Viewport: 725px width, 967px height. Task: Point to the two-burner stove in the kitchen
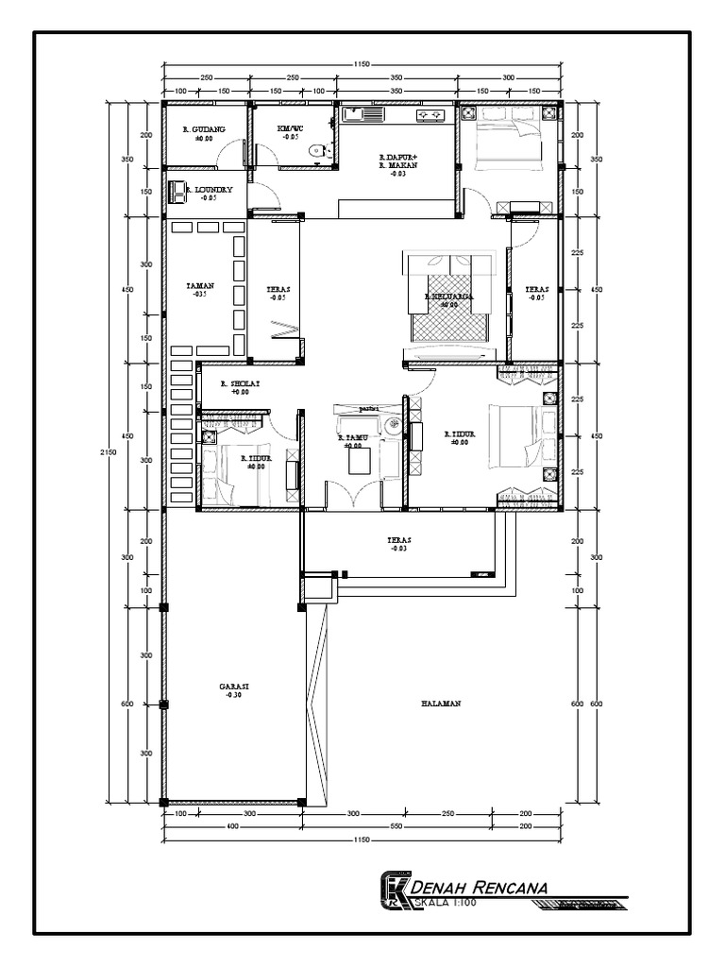tap(431, 115)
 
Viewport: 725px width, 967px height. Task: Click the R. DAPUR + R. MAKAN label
tap(397, 161)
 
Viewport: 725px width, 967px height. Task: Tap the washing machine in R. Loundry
tap(177, 191)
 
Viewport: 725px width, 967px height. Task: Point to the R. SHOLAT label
tap(240, 384)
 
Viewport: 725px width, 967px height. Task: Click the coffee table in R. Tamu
tap(360, 462)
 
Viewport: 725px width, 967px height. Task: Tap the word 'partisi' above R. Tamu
tap(368, 409)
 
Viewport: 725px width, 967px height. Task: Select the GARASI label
tap(232, 687)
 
